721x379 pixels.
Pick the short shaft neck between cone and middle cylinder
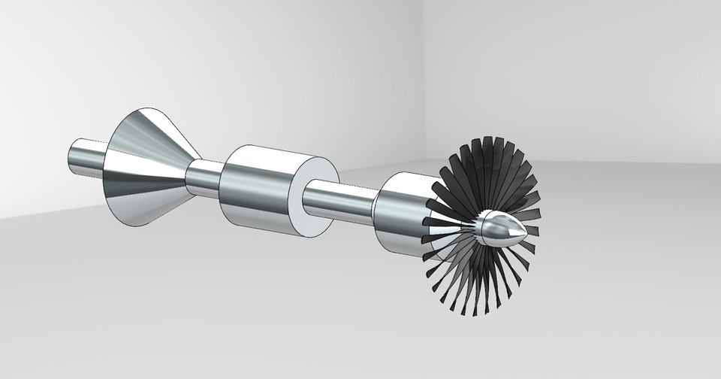click(x=204, y=179)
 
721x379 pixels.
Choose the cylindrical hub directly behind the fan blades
click(x=398, y=214)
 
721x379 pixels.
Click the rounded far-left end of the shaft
click(x=71, y=156)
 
